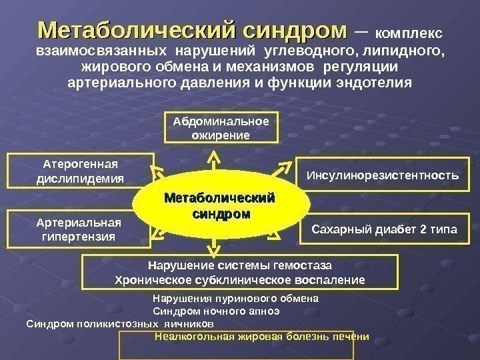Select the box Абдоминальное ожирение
click(x=221, y=129)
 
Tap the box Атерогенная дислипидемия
click(x=80, y=171)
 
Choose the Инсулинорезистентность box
click(x=382, y=176)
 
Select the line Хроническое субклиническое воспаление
click(x=240, y=279)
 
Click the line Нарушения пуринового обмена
click(x=236, y=299)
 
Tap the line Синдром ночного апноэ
click(x=217, y=311)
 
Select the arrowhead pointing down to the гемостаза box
click(x=213, y=253)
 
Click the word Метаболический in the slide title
click(x=137, y=31)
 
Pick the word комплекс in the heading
click(x=409, y=33)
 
